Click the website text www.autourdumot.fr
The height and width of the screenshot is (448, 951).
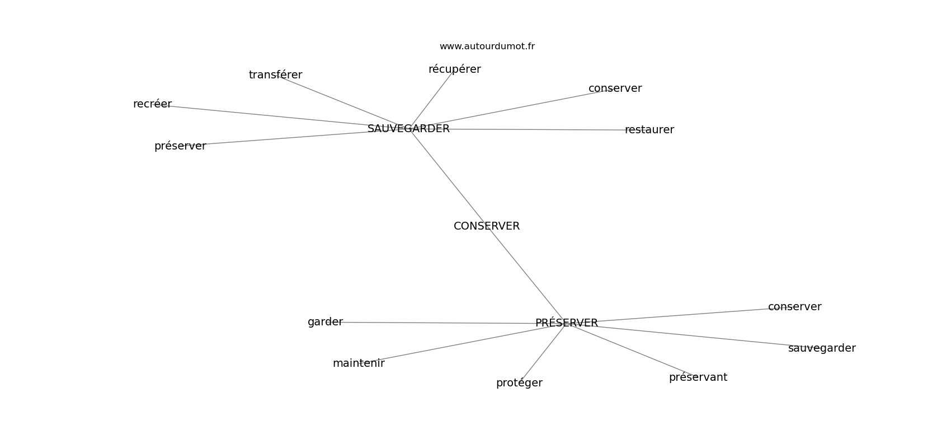487,46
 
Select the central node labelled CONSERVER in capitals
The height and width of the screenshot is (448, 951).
487,226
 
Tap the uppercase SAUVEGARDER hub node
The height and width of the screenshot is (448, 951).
408,129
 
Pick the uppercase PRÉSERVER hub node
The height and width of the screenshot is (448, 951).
566,323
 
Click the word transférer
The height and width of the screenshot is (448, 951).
275,75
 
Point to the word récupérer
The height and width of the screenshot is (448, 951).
454,69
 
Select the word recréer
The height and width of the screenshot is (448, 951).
152,104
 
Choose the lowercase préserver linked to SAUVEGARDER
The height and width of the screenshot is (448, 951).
180,146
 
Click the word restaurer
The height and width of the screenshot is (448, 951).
649,130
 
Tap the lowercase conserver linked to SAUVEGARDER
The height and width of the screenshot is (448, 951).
615,88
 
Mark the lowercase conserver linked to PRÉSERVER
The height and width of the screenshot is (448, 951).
794,307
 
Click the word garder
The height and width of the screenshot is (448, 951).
325,322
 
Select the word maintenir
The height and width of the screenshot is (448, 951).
359,363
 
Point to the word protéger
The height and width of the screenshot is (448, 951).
519,383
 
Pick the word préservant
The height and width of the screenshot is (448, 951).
698,377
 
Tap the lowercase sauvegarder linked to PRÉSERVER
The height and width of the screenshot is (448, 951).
821,348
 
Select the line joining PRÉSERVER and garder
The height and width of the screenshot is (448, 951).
436,323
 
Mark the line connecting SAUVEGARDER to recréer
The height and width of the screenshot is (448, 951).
269,115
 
